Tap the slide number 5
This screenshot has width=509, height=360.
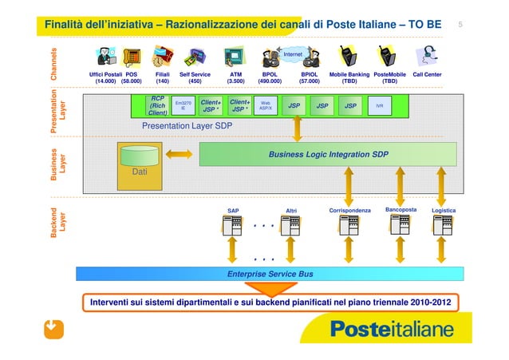click(460, 25)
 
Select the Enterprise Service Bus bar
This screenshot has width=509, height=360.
click(269, 274)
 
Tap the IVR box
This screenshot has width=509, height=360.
click(380, 105)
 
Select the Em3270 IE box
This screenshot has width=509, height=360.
click(183, 105)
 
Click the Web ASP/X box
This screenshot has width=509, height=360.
click(266, 105)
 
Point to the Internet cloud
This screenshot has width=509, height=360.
click(292, 54)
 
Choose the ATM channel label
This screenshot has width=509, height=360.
click(235, 74)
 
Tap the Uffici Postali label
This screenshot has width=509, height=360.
click(105, 74)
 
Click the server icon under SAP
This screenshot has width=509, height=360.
click(233, 227)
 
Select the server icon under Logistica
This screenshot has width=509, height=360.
click(443, 227)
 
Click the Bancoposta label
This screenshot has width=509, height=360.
click(400, 210)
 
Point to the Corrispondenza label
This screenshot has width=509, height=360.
click(349, 211)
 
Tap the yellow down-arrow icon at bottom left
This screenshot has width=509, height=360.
click(53, 329)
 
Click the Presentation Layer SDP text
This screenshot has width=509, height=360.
click(187, 126)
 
